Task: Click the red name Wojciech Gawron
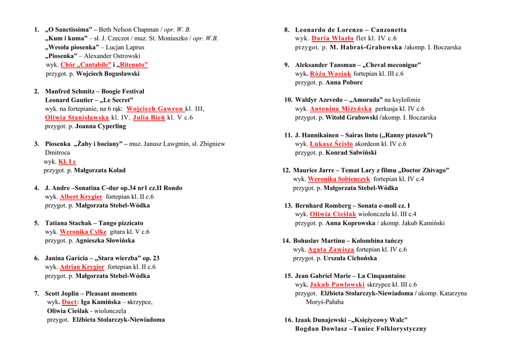[x=155, y=109]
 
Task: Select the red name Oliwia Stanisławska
[x=77, y=118]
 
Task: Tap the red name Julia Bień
[x=149, y=118]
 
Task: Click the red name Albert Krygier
[x=81, y=197]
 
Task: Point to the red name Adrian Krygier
[x=82, y=267]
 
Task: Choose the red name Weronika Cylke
[x=83, y=232]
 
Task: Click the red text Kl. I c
[x=67, y=161]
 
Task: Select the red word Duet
[x=69, y=302]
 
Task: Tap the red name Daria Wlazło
[x=332, y=38]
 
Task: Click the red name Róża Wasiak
[x=330, y=73]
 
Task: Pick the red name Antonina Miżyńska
[x=340, y=109]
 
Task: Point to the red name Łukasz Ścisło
[x=331, y=144]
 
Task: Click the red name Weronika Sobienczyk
[x=339, y=179]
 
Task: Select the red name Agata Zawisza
[x=331, y=250]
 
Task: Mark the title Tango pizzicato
[x=121, y=223]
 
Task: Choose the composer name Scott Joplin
[x=62, y=293]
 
